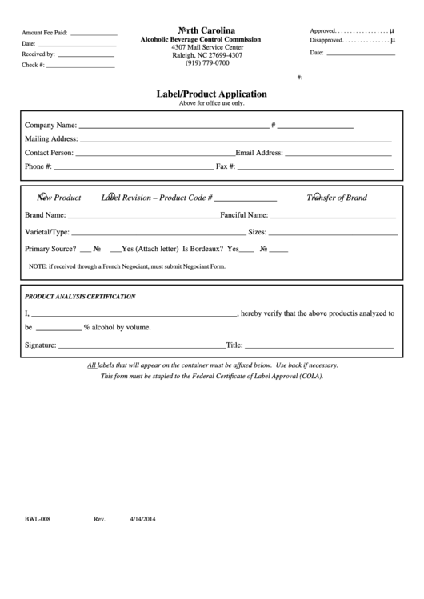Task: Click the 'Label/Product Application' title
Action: tap(211, 94)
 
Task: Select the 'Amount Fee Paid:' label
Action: tap(45, 34)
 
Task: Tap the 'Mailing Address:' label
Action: tap(51, 138)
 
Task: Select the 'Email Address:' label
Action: tap(259, 152)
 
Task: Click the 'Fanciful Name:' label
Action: tap(244, 215)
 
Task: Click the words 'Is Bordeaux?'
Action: tap(204, 250)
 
